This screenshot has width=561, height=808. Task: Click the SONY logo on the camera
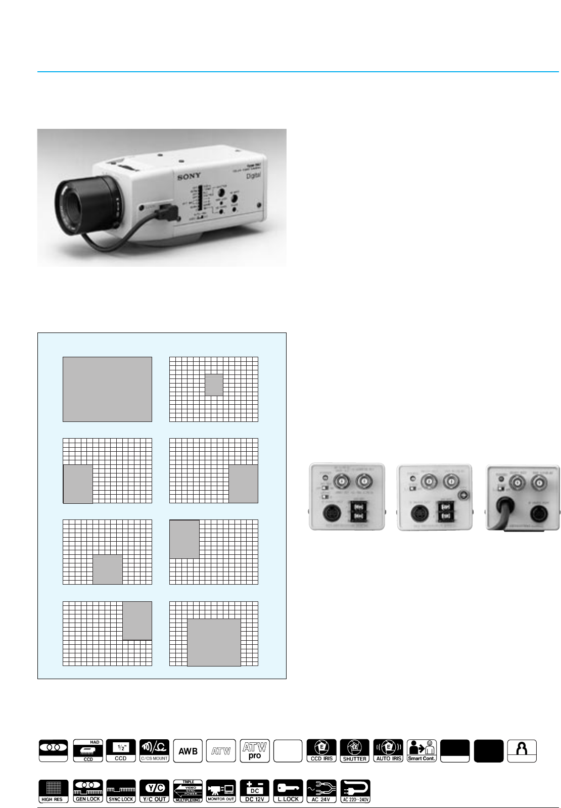click(189, 176)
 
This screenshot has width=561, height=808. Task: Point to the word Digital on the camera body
click(253, 175)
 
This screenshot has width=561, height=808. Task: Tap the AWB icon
click(188, 751)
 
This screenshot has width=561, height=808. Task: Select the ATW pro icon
click(255, 751)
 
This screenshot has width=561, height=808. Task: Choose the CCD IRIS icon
click(321, 751)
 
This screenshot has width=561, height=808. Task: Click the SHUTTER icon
click(355, 751)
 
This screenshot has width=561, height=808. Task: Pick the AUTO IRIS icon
click(388, 751)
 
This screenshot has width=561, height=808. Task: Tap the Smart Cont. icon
click(422, 751)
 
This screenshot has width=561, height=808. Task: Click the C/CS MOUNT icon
click(154, 751)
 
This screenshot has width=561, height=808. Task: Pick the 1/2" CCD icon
click(121, 751)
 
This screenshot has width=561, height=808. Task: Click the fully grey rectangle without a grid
click(107, 389)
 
